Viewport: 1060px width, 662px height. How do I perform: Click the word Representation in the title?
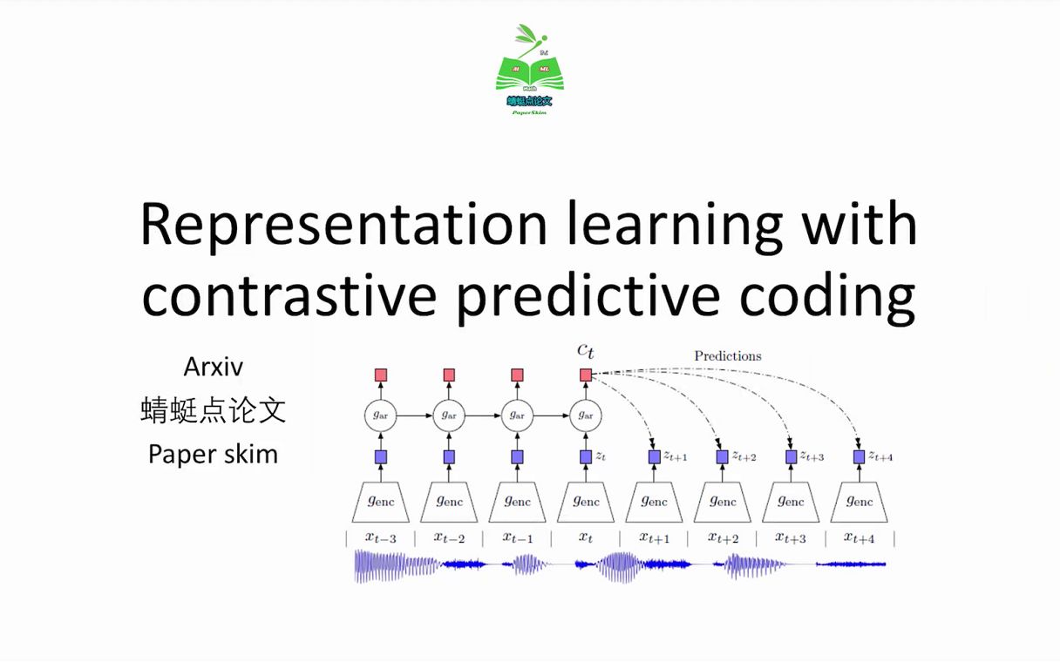coord(343,225)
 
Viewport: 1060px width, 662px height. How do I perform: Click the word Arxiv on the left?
coord(213,367)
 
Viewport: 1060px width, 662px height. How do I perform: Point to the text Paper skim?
coord(213,454)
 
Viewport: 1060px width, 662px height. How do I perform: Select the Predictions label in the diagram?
coord(727,355)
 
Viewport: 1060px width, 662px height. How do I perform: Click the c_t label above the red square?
coord(586,350)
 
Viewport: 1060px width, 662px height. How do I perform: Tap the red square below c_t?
coord(586,375)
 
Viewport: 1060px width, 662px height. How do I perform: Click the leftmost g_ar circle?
coord(380,415)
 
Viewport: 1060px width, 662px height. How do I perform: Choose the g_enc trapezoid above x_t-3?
coord(380,502)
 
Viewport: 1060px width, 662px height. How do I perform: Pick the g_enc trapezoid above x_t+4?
coord(859,502)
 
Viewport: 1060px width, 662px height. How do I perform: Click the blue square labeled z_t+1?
coord(654,456)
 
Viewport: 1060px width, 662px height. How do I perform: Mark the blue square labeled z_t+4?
coord(859,456)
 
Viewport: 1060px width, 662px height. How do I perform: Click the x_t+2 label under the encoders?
coord(723,538)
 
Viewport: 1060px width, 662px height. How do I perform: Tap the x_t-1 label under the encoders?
coord(517,538)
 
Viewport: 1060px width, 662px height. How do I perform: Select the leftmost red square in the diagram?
coord(380,375)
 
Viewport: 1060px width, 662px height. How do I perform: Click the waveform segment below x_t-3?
coord(380,565)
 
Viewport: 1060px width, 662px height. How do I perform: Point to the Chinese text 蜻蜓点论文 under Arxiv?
coord(213,410)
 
